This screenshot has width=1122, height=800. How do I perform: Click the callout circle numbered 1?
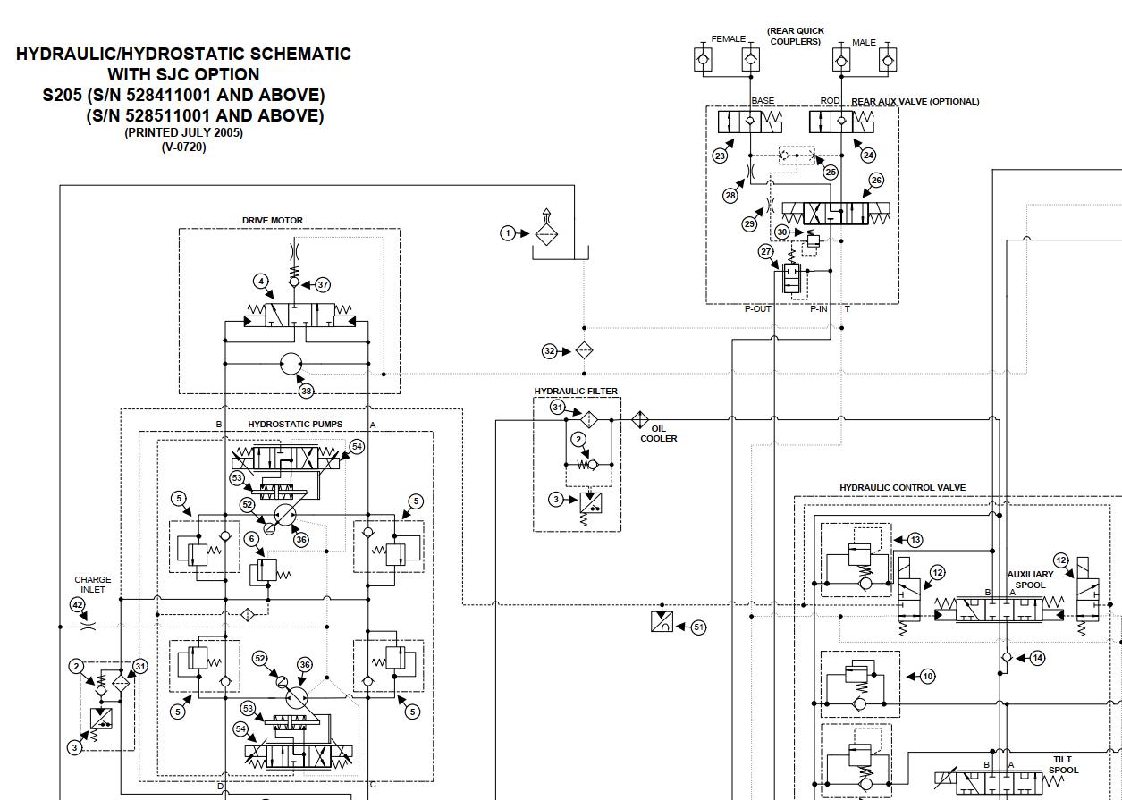(x=508, y=233)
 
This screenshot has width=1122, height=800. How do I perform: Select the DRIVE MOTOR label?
(x=273, y=221)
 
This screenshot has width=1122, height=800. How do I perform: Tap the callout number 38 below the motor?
(x=307, y=391)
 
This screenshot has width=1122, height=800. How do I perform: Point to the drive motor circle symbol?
(x=291, y=364)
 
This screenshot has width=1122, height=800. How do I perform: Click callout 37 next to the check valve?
(x=323, y=285)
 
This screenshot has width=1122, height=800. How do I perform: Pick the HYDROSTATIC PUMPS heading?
(x=295, y=424)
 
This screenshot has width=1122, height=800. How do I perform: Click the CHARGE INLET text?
(x=93, y=585)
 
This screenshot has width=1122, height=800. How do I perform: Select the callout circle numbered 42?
(x=78, y=605)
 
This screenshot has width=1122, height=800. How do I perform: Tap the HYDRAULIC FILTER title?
(x=576, y=392)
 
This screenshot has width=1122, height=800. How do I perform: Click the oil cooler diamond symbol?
(x=640, y=419)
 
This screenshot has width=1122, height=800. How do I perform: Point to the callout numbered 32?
(x=550, y=351)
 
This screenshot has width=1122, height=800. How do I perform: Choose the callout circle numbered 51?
(x=698, y=627)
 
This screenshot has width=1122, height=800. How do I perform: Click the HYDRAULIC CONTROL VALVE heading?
(x=902, y=488)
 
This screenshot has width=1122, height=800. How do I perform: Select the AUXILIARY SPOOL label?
(x=1030, y=580)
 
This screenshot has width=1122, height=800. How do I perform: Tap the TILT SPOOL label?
(x=1063, y=764)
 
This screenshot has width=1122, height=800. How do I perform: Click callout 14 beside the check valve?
(x=1037, y=658)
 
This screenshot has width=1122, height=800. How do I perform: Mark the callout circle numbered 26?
(x=876, y=181)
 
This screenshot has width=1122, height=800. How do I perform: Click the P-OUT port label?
(x=757, y=309)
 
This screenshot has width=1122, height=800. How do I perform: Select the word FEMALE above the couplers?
(x=728, y=39)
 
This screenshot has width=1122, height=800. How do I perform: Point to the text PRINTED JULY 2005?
(x=183, y=132)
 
